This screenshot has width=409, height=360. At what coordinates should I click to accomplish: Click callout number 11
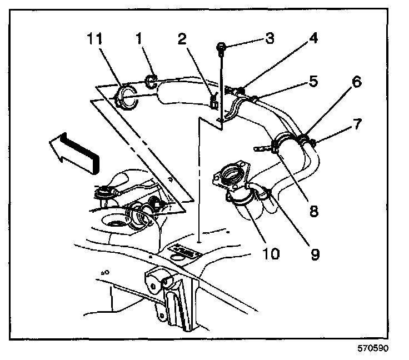click(x=94, y=39)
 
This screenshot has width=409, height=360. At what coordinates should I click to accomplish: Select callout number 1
click(x=139, y=38)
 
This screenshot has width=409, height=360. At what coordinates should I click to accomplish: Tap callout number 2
click(x=182, y=39)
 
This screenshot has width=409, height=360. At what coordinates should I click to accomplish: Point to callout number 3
click(x=270, y=38)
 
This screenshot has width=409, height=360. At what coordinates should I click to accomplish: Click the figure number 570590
click(x=373, y=348)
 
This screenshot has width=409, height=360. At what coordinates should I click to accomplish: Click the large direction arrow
click(x=74, y=153)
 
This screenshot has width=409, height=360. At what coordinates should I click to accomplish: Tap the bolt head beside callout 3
click(x=221, y=47)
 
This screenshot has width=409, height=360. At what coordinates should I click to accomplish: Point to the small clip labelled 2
click(x=215, y=102)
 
